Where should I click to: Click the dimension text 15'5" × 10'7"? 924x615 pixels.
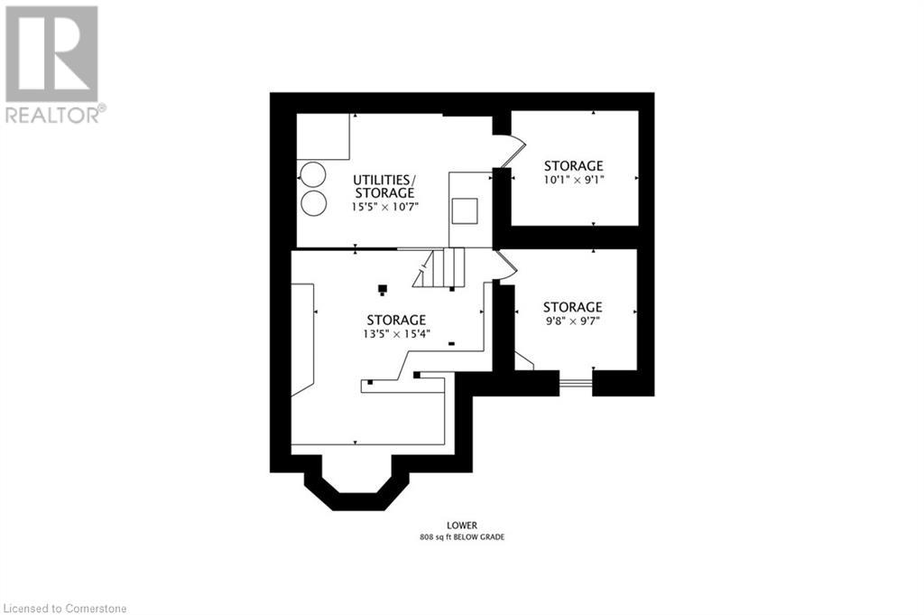point(384,207)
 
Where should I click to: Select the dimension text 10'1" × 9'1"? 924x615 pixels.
point(574,180)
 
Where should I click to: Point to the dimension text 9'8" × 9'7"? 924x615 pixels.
point(572,321)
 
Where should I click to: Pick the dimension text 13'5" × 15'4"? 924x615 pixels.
point(397,334)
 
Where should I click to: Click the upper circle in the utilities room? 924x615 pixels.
point(313,174)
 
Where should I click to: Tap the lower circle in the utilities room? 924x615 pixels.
point(313,203)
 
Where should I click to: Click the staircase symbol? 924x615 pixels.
point(439,267)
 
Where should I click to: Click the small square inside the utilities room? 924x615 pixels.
point(465,211)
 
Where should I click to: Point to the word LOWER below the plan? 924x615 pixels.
point(462,526)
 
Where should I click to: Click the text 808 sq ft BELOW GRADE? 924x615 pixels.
point(462,537)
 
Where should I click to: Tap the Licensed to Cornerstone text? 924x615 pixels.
point(64,608)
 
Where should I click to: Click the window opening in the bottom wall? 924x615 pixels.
point(576,384)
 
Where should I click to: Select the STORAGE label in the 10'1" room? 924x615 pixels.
point(573,165)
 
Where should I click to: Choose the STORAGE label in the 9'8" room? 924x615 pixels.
point(573,307)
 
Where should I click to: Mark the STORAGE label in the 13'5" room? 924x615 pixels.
point(397,321)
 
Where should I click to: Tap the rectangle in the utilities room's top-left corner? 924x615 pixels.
point(323,136)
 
